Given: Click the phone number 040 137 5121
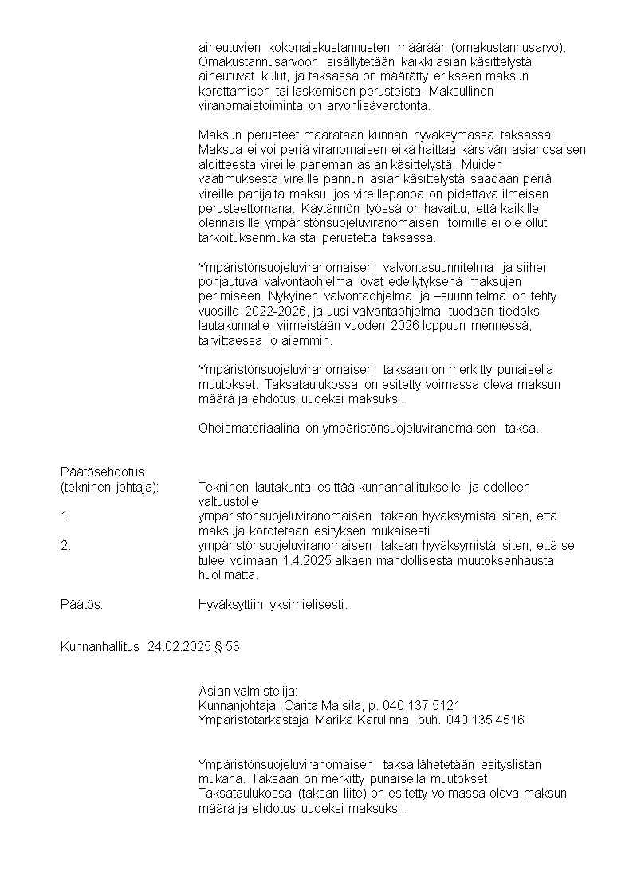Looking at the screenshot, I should click(421, 706).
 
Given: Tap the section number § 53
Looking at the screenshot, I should click(228, 647).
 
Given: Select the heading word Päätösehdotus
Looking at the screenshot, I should click(102, 472).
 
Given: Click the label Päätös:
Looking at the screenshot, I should click(81, 605).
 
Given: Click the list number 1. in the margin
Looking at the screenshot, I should click(65, 516).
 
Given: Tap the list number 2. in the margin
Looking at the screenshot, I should click(65, 546).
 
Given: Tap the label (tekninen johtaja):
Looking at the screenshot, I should click(109, 487).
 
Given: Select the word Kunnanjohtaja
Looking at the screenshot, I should click(237, 706).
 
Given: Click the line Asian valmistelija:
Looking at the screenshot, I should click(247, 691).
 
